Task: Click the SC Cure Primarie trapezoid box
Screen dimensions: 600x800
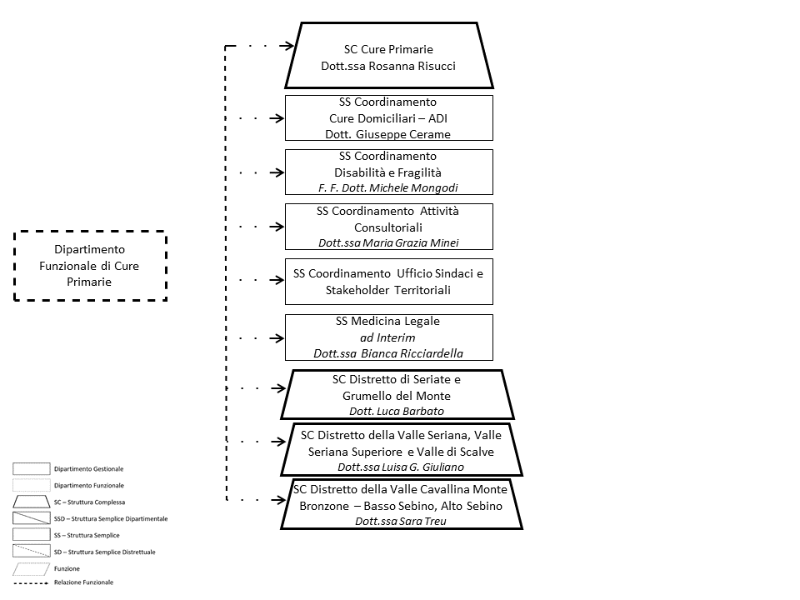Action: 388,55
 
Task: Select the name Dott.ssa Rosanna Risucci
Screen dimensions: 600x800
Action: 388,67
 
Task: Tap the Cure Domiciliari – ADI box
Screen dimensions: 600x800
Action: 388,117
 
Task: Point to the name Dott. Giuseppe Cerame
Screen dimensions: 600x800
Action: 388,134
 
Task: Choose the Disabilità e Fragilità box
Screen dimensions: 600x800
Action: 388,172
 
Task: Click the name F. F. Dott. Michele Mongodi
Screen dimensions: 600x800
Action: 388,188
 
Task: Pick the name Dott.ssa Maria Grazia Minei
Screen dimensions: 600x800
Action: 388,242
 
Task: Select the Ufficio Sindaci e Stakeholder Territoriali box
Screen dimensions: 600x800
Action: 388,281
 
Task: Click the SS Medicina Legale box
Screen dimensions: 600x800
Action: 388,337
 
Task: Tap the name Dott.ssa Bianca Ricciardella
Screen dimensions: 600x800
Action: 388,353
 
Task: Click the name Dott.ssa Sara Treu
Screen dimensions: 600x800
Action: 401,521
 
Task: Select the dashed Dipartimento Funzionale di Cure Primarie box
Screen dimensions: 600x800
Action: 90,265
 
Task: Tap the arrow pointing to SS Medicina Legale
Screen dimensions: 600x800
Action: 274,338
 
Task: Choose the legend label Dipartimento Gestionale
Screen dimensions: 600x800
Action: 89,469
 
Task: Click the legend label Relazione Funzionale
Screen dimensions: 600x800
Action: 83,582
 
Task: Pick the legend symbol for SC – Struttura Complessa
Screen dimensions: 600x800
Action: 31,502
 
